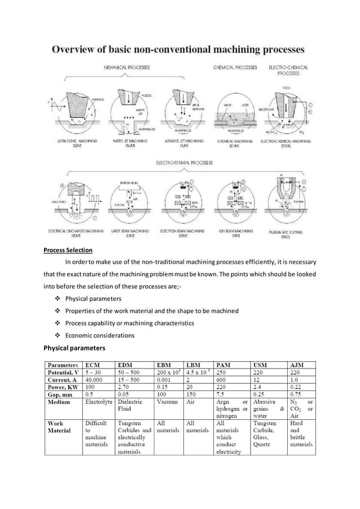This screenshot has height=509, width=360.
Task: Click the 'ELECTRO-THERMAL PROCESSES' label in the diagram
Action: [180, 163]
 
